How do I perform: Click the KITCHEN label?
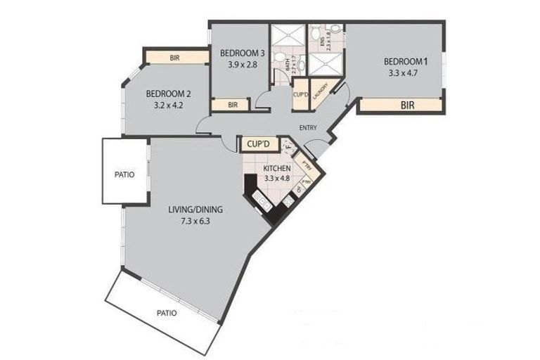click(x=278, y=169)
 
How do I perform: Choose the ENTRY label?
click(x=308, y=127)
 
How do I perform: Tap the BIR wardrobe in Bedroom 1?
click(x=406, y=106)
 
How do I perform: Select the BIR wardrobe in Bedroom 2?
click(x=175, y=58)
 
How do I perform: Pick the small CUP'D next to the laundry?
click(x=300, y=95)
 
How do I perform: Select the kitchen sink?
click(x=262, y=202)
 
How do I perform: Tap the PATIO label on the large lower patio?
click(x=167, y=313)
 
